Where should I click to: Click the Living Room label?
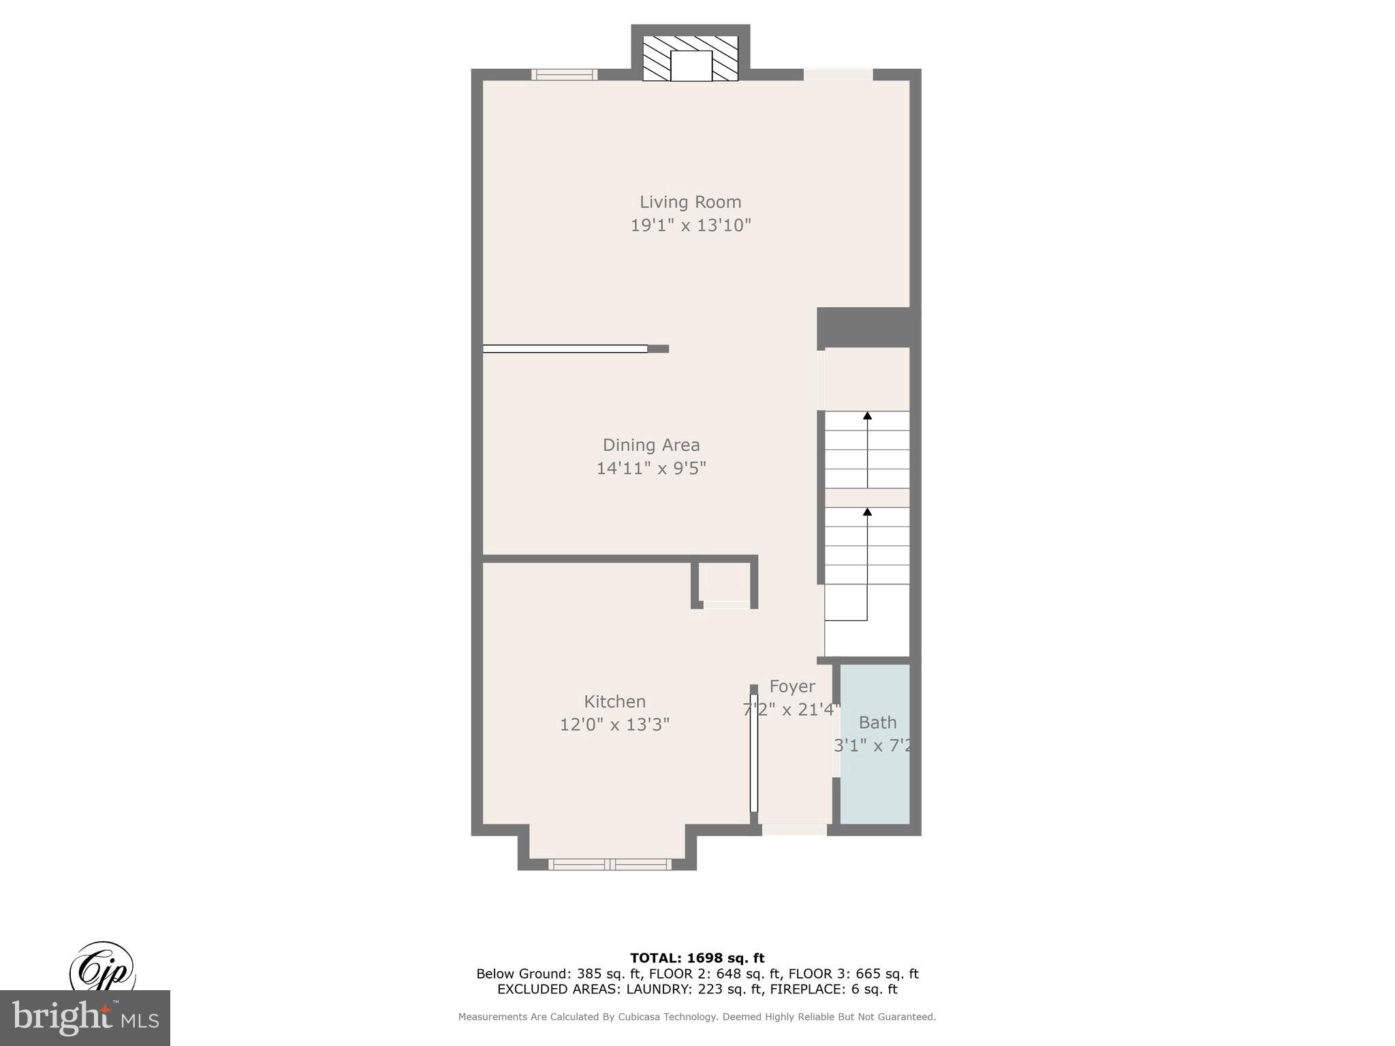pos(690,202)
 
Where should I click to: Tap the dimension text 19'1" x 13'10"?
pos(690,225)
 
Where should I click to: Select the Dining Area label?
pos(651,445)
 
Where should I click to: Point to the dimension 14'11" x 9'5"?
pos(651,469)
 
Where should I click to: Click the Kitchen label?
pos(614,701)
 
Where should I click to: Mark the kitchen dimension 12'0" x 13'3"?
pos(614,725)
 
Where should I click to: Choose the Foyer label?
pos(791,686)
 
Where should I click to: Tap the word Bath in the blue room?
pos(877,723)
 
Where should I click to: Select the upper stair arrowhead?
pos(867,415)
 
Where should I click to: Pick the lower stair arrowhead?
pos(867,511)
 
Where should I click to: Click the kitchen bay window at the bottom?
pos(610,864)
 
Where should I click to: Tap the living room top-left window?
pos(564,75)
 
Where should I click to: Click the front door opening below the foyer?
pos(794,829)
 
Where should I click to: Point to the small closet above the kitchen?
pos(725,582)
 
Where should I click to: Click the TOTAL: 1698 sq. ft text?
pos(697,958)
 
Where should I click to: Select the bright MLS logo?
pos(84,1017)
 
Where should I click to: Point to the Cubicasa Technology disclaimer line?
pos(697,1017)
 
